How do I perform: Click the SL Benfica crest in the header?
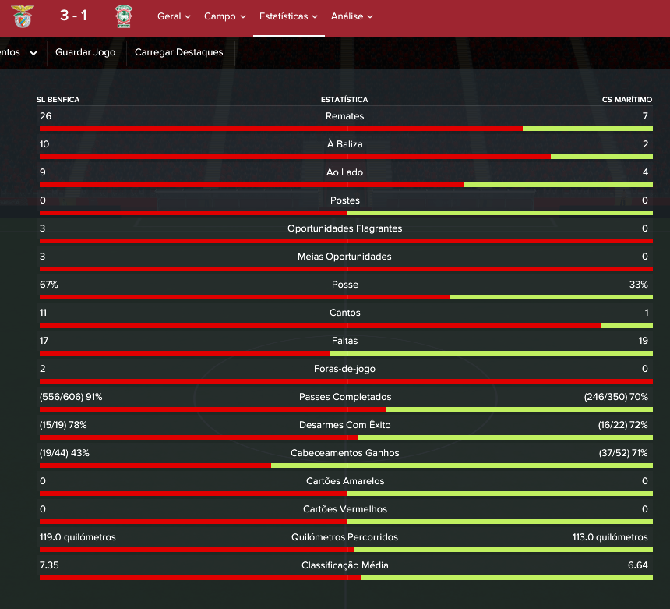pos(23,16)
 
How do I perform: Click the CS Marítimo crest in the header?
pos(124,16)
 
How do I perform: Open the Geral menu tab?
pos(174,16)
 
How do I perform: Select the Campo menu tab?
pos(224,16)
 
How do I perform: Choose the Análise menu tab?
pos(351,16)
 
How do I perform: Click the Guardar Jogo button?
pos(86,52)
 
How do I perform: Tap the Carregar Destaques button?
pos(179,52)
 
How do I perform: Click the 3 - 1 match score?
pos(73,16)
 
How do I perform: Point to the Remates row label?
pos(344,116)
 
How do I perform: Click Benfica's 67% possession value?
pos(49,285)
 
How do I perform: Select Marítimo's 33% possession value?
pos(638,285)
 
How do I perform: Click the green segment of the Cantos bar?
pos(627,325)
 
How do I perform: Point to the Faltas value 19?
pos(643,341)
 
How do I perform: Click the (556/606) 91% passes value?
pos(71,397)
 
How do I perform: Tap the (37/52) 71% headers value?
pos(623,453)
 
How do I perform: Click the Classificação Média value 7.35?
pos(49,565)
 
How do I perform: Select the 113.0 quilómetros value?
pos(610,537)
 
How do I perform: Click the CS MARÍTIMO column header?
pos(627,100)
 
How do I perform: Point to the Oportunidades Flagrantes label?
pos(344,228)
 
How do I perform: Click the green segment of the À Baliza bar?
pos(601,157)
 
